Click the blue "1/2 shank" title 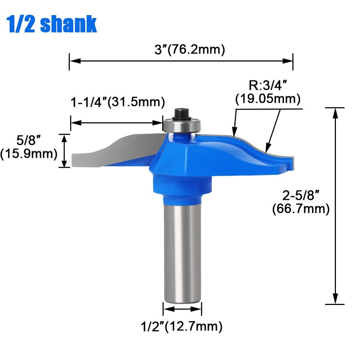coord(52,24)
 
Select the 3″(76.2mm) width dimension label coord(190,49)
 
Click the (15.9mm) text coord(29,154)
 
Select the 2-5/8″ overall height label coord(301,196)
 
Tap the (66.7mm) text coord(301,209)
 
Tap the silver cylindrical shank coord(182,252)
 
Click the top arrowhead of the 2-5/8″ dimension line coord(336,112)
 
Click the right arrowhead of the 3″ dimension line coord(288,61)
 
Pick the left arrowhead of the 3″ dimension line coord(74,61)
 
